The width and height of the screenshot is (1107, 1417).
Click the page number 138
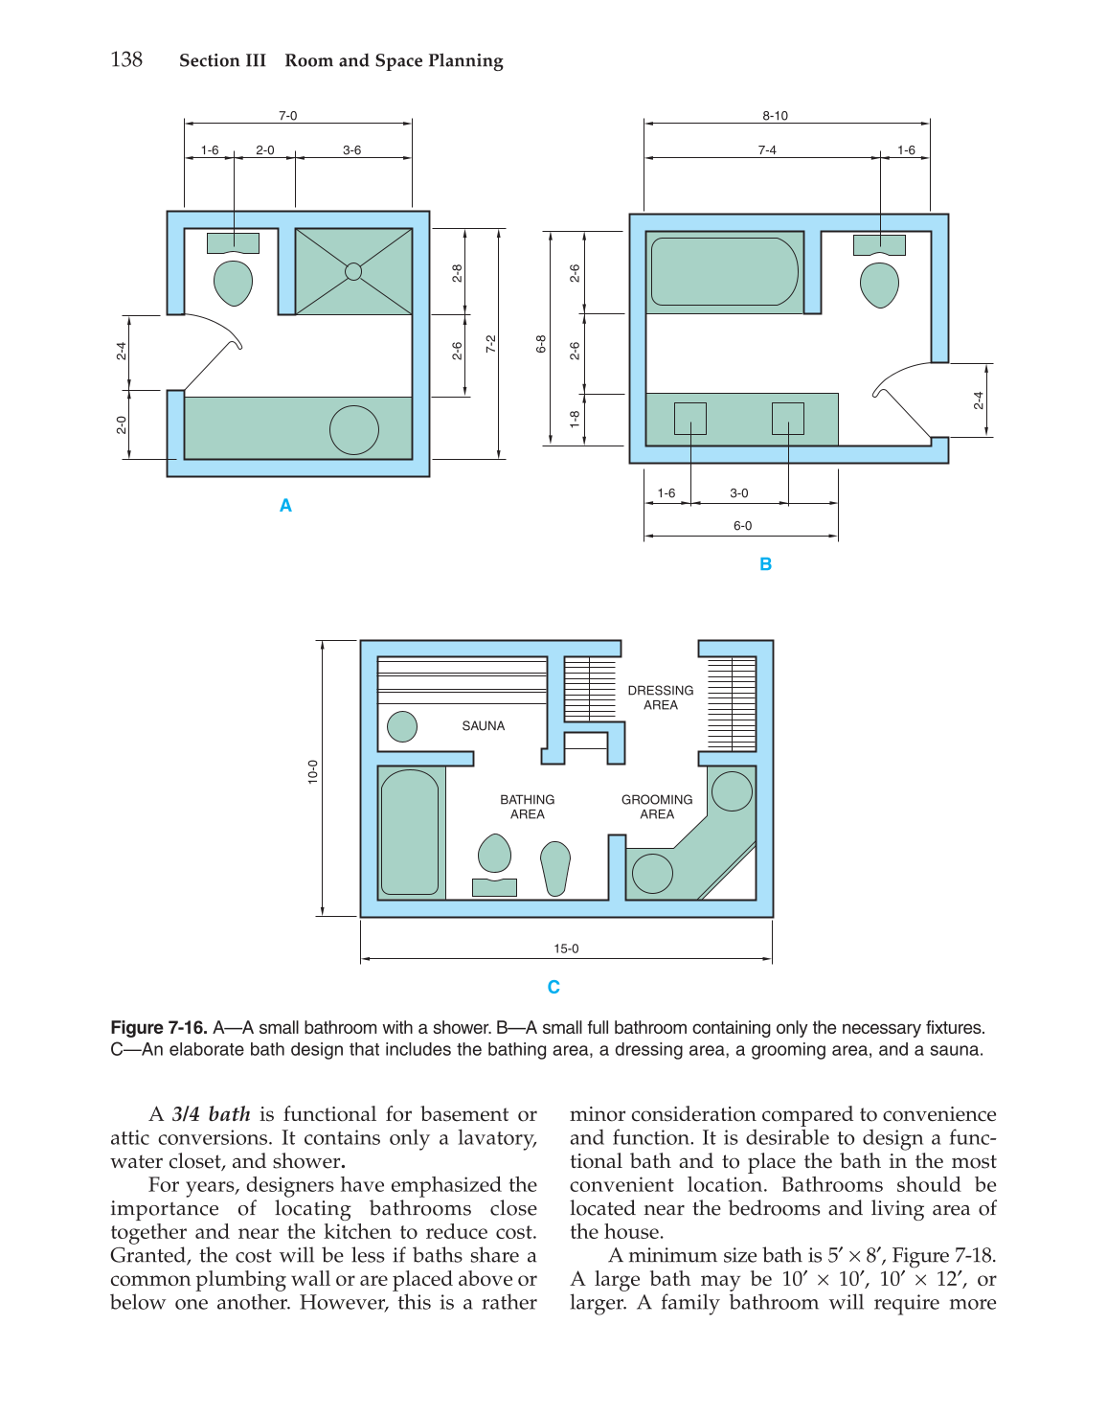tap(126, 59)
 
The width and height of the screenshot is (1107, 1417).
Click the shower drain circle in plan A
tap(353, 271)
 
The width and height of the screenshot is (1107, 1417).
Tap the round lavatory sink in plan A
tap(354, 430)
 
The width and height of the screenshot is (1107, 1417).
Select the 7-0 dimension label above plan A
tap(288, 116)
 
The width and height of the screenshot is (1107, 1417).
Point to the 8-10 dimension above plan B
tap(775, 116)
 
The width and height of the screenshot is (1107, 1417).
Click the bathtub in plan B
tap(724, 271)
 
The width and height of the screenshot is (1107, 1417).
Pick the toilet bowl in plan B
tap(879, 284)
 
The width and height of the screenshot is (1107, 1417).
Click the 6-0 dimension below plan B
tap(742, 526)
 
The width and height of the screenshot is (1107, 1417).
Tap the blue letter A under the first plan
tap(285, 506)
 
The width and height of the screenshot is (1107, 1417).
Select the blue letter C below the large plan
tap(553, 988)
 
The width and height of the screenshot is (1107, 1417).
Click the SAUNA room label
tap(483, 726)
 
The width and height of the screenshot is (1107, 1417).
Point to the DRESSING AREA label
tap(661, 697)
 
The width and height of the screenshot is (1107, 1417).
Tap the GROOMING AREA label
tap(657, 807)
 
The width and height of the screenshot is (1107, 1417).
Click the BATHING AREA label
tap(527, 807)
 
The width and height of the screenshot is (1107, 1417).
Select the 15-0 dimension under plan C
tap(566, 949)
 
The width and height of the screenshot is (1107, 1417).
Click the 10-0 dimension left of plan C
tap(313, 772)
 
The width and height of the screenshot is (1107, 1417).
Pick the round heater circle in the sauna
tap(402, 726)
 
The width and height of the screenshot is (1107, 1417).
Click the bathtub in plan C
tap(410, 833)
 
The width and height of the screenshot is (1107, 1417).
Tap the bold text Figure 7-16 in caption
tap(159, 1028)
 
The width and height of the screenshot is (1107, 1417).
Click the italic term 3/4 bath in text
tap(211, 1114)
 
